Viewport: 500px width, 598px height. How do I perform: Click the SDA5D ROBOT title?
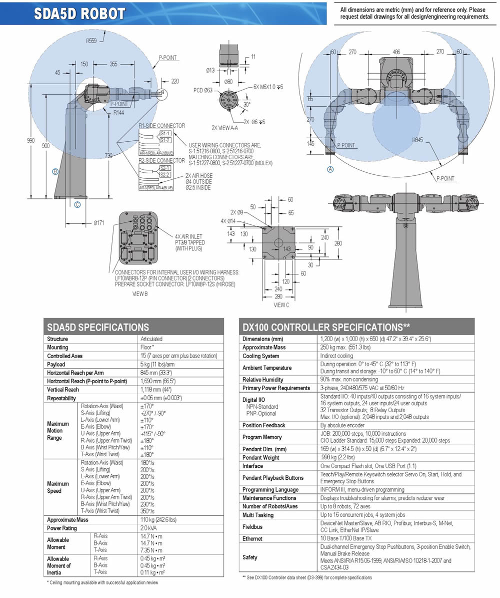79,14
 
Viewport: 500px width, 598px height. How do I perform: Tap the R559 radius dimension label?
91,42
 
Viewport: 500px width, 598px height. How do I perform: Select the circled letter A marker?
330,169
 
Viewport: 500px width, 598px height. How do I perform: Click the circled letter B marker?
56,172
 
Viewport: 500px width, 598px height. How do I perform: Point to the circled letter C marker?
77,204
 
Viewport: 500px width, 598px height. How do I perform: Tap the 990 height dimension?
31,141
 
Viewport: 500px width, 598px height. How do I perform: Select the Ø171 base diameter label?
98,223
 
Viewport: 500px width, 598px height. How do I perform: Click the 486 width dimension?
396,52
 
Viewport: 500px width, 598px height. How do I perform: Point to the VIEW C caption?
281,305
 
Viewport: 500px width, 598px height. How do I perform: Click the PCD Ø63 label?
203,91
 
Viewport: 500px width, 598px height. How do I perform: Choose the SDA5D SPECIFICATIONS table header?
98,328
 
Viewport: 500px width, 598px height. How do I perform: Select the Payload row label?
56,364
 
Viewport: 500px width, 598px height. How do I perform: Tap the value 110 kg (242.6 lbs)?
158,520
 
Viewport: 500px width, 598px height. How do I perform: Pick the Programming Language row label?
270,489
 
